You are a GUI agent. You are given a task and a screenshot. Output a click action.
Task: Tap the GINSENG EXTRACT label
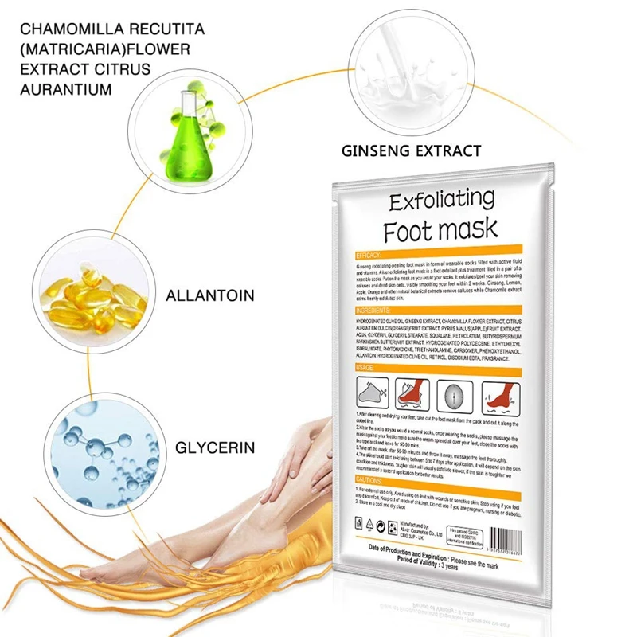point(411,150)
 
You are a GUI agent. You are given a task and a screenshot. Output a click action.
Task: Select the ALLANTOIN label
point(210,296)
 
